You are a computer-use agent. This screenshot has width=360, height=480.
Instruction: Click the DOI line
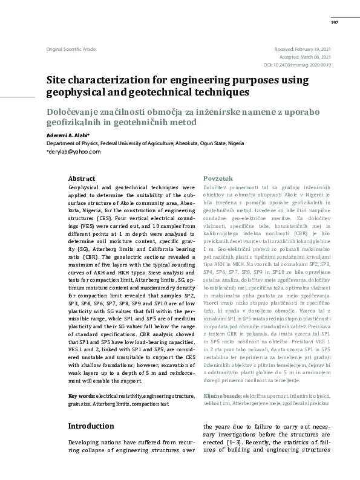coord(297,65)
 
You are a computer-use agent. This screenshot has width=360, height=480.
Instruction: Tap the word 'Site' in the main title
coord(58,80)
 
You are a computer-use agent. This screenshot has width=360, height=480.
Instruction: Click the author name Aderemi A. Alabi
coord(68,135)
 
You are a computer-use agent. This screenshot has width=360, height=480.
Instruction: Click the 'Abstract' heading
coord(82,179)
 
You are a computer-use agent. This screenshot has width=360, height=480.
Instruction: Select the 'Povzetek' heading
coord(218,180)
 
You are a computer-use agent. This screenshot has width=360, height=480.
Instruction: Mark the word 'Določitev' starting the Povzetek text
coord(217,189)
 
